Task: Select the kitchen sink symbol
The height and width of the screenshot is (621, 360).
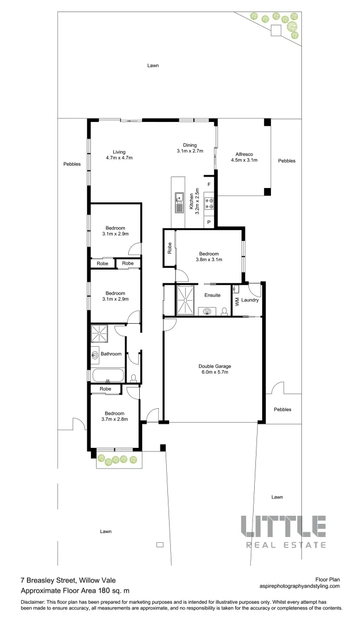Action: coord(179,199)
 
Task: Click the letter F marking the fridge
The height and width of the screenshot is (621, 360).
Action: coord(209,184)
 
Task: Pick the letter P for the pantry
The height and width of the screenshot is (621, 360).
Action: coord(209,222)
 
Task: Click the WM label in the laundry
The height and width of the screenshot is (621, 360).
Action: coord(236,300)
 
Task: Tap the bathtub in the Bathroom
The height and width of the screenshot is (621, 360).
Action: coord(108,377)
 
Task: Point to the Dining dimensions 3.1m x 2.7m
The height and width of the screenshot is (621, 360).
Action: coord(190,151)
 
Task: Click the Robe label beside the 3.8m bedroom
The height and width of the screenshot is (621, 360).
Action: coord(170,248)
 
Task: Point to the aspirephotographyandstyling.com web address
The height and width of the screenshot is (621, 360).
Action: coord(300,586)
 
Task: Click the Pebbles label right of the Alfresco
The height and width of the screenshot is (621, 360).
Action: coord(286,161)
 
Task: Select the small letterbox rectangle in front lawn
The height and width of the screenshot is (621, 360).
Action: coord(159,544)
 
